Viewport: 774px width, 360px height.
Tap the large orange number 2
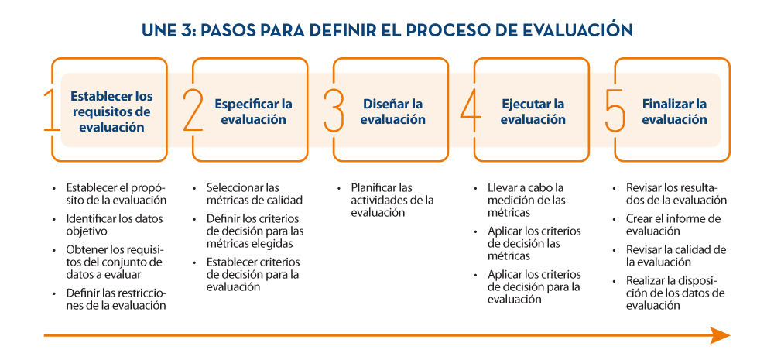click(x=193, y=110)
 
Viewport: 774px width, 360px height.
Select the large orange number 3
click(x=334, y=110)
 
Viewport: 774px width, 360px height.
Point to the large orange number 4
click(x=471, y=110)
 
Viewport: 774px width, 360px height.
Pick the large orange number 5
click(x=615, y=110)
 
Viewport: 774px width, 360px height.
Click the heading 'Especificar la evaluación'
click(x=253, y=112)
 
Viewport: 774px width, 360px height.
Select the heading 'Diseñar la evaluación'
click(x=393, y=112)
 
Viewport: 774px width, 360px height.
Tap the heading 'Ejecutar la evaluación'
click(x=533, y=112)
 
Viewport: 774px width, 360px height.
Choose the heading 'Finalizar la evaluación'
click(x=674, y=112)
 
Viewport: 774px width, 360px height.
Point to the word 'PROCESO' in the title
click(x=450, y=29)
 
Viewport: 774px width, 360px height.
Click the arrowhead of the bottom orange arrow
click(x=720, y=335)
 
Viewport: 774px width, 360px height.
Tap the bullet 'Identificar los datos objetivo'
click(x=114, y=225)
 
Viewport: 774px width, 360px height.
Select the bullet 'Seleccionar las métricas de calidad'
click(x=255, y=194)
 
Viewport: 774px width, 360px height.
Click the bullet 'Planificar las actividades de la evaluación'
click(x=392, y=200)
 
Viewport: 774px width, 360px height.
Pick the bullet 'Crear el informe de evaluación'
click(x=673, y=225)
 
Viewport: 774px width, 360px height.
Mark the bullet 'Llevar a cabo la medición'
click(x=526, y=194)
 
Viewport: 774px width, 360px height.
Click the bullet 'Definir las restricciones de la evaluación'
click(x=115, y=300)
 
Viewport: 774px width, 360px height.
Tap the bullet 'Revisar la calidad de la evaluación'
click(x=676, y=255)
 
